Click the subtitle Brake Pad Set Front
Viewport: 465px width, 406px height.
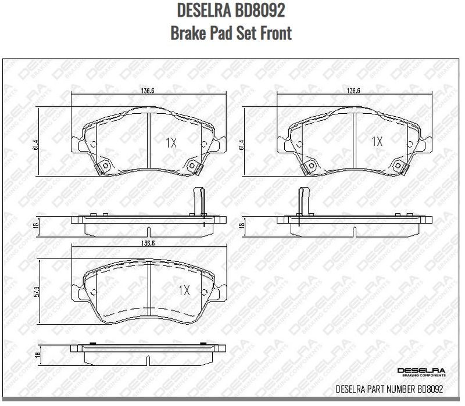tap(231, 33)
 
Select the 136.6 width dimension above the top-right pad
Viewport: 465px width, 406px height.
tap(355, 91)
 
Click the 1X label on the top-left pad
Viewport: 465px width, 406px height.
tap(171, 141)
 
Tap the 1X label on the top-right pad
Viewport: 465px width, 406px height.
tap(377, 141)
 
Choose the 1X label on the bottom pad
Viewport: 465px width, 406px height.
tap(184, 289)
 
